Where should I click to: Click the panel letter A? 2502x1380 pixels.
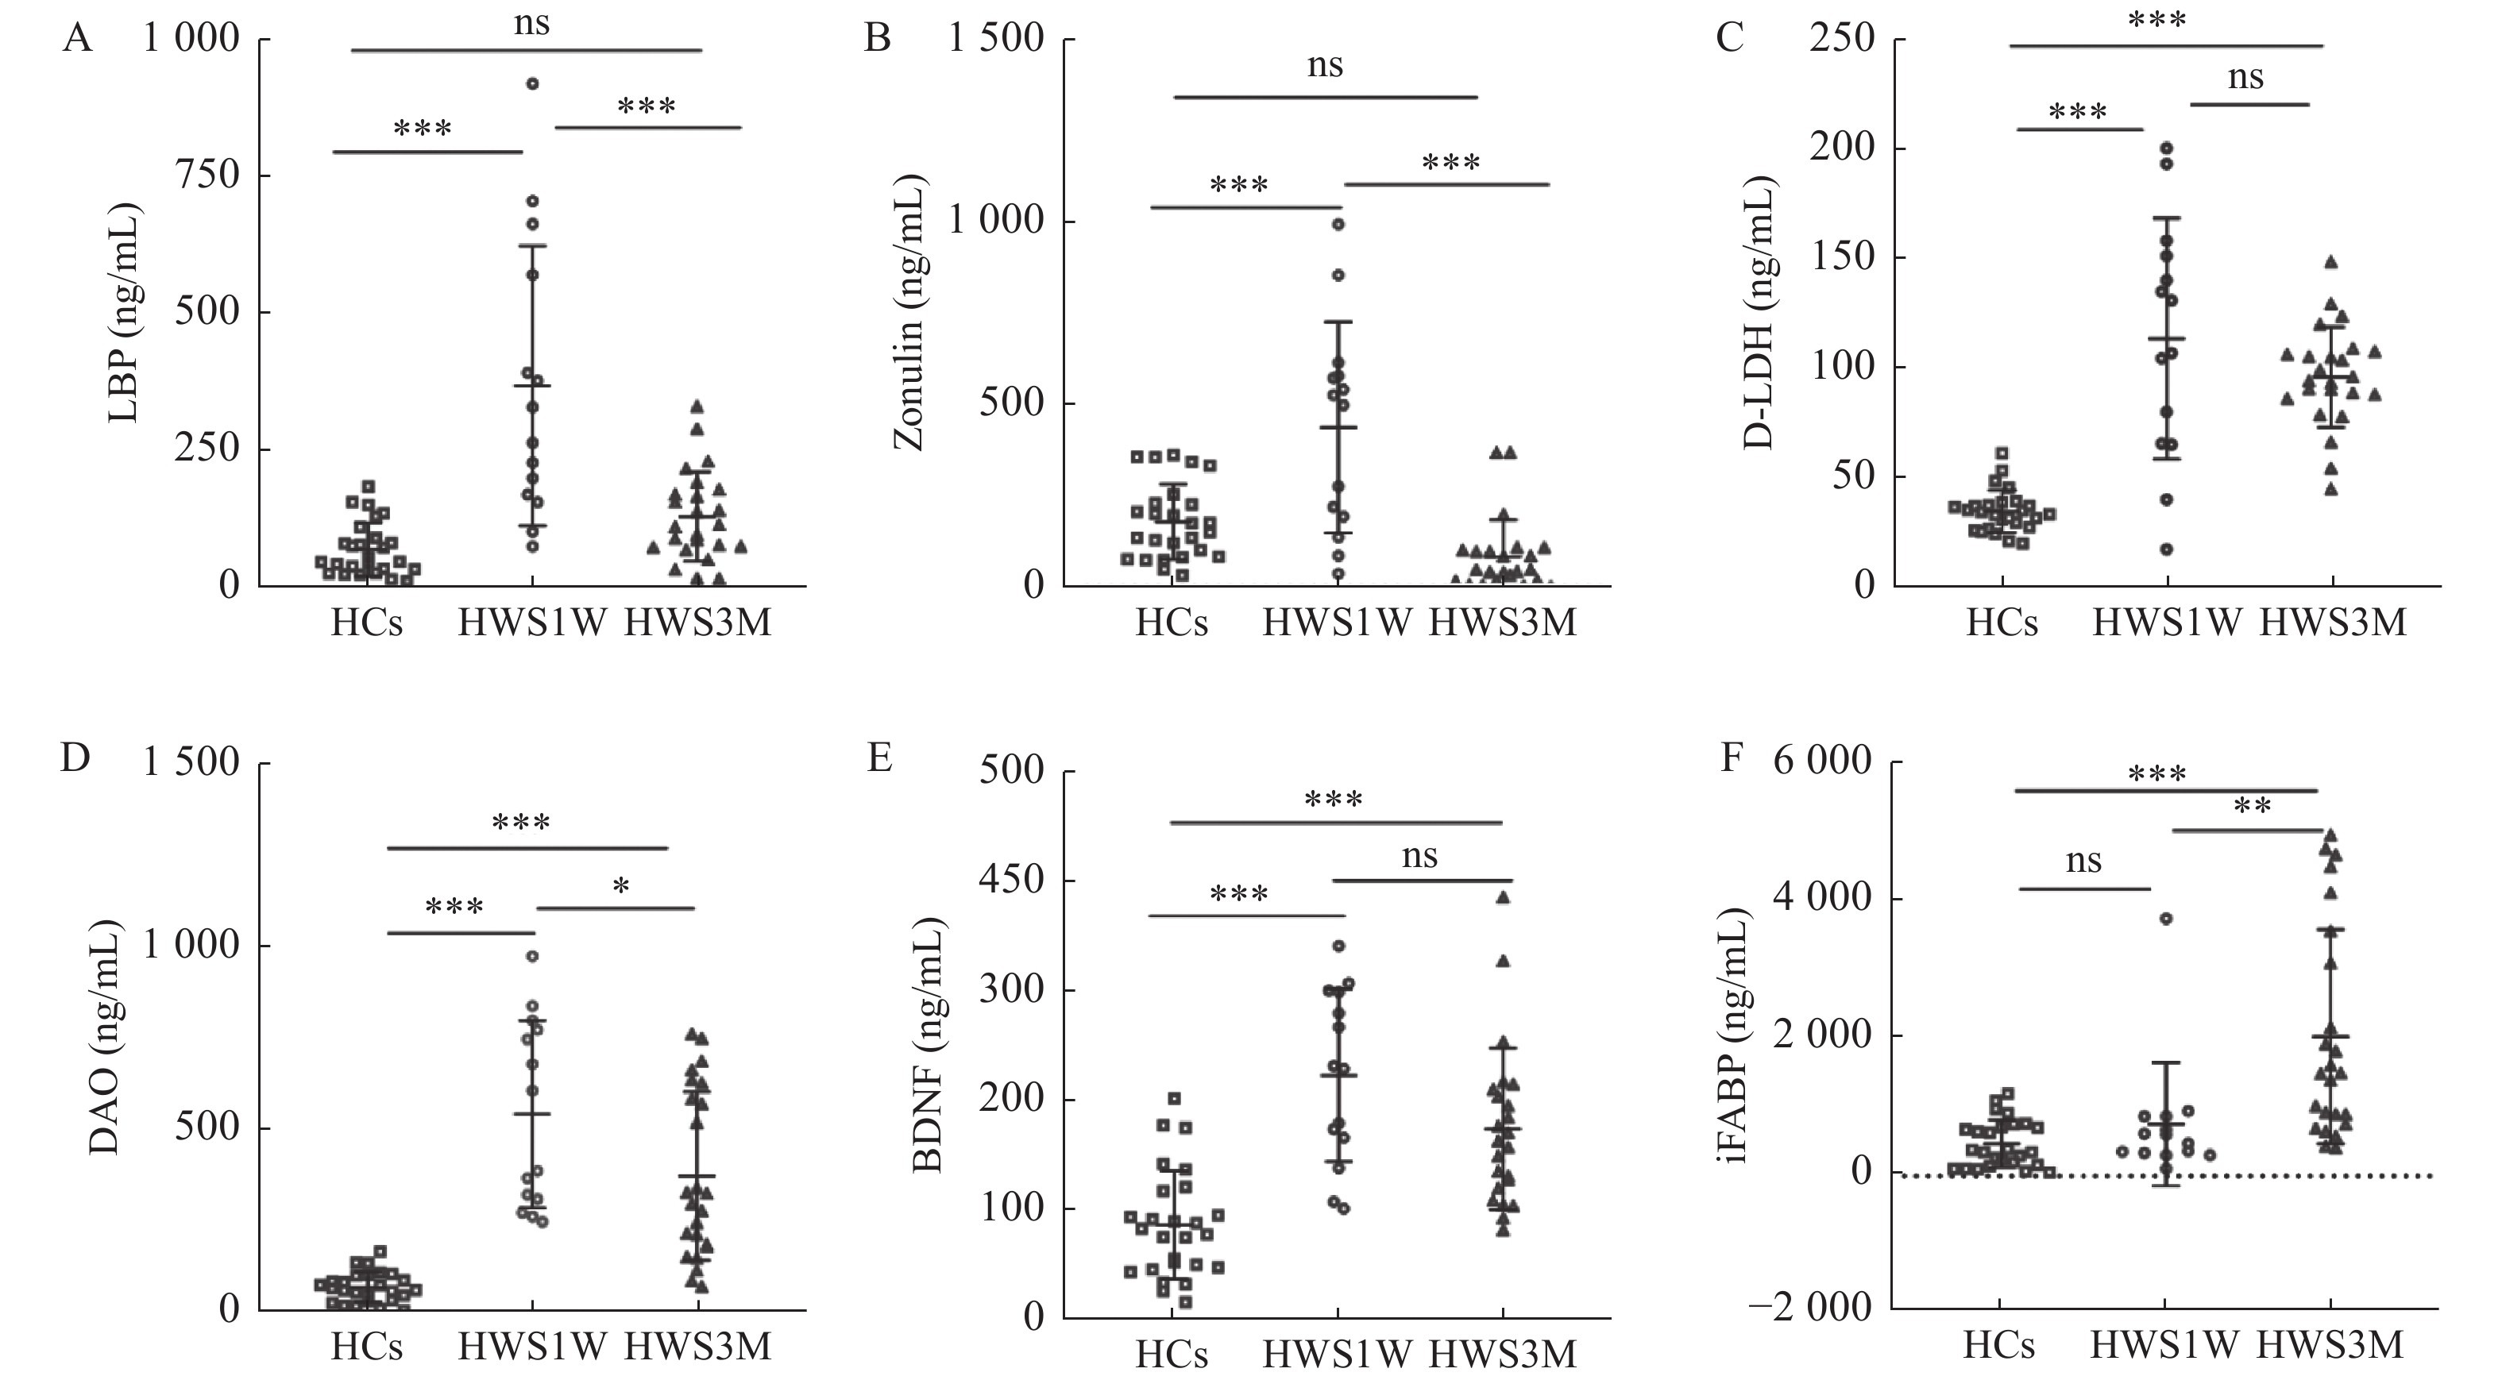[77, 40]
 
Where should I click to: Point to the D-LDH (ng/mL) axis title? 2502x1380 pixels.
[1758, 313]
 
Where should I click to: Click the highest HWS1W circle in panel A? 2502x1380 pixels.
[532, 83]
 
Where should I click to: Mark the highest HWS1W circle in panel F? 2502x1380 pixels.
[2165, 918]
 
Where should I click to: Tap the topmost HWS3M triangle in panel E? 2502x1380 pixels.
[1503, 897]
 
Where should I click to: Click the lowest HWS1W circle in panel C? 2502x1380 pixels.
[2166, 549]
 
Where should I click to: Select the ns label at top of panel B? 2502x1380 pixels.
[1325, 66]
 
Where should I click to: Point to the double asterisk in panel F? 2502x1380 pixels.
[2253, 807]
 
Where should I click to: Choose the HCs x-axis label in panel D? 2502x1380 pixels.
[366, 1346]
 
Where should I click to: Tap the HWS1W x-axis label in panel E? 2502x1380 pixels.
[1337, 1354]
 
